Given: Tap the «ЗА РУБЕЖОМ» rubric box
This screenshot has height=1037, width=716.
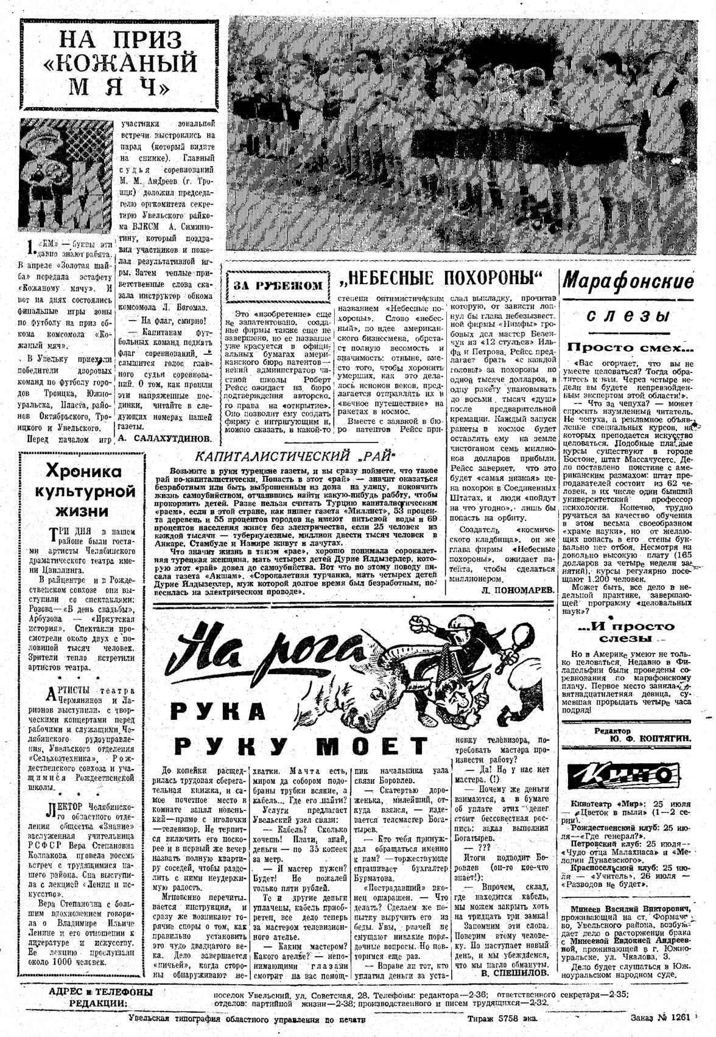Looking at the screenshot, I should (x=279, y=285).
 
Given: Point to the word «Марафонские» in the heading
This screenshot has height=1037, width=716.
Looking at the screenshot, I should (x=628, y=282).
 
